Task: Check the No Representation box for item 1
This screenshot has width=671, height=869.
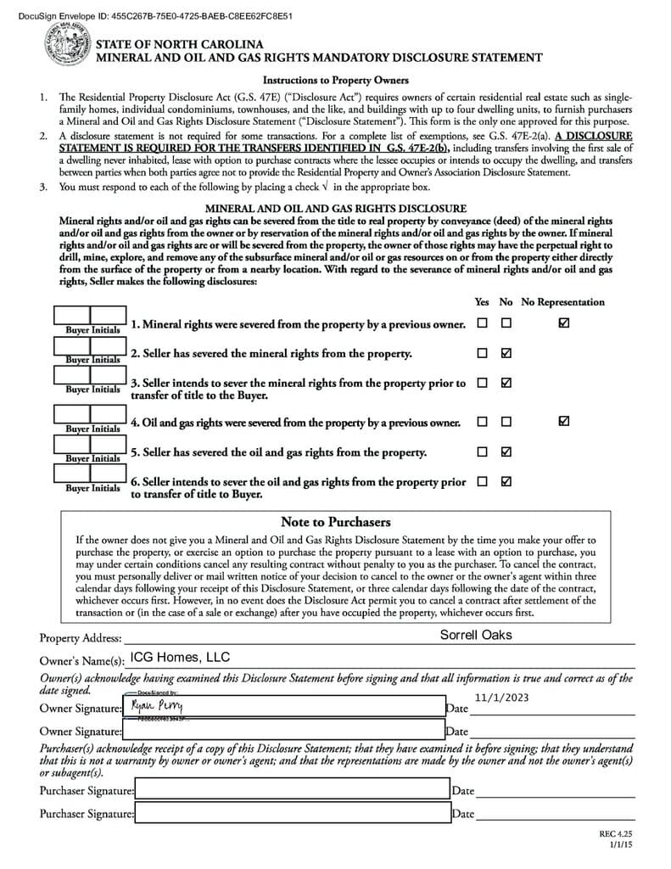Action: (564, 323)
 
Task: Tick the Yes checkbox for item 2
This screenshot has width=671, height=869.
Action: (482, 353)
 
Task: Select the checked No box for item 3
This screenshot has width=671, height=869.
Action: (506, 383)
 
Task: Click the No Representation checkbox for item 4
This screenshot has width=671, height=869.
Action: (564, 421)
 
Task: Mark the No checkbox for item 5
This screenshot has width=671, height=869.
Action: (506, 451)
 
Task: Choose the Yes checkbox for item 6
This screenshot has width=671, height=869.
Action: (482, 481)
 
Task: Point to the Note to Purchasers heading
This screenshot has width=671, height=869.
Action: (335, 522)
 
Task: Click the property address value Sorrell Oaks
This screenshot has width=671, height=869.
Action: (476, 635)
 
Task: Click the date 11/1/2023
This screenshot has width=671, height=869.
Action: (501, 698)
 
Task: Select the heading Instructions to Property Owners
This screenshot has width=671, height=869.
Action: (335, 81)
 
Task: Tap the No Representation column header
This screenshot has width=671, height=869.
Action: (562, 302)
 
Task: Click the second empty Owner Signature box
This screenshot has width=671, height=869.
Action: (283, 729)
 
